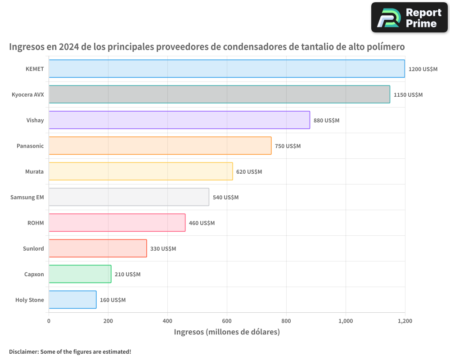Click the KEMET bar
[226, 68]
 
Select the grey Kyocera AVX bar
[219, 94]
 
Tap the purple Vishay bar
[179, 120]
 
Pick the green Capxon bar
[80, 274]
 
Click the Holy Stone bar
[72, 299]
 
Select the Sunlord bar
[98, 248]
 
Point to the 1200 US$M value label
[423, 69]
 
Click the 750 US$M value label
[288, 146]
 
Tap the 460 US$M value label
[202, 223]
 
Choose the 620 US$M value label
[249, 171]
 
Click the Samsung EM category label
[27, 197]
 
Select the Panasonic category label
[30, 146]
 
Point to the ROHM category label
[36, 223]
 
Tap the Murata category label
[35, 171]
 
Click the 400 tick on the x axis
[167, 321]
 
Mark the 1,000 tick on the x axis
[346, 321]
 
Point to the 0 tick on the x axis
[49, 321]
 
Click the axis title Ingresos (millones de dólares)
[227, 332]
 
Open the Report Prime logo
[409, 18]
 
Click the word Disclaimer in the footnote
[23, 351]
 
